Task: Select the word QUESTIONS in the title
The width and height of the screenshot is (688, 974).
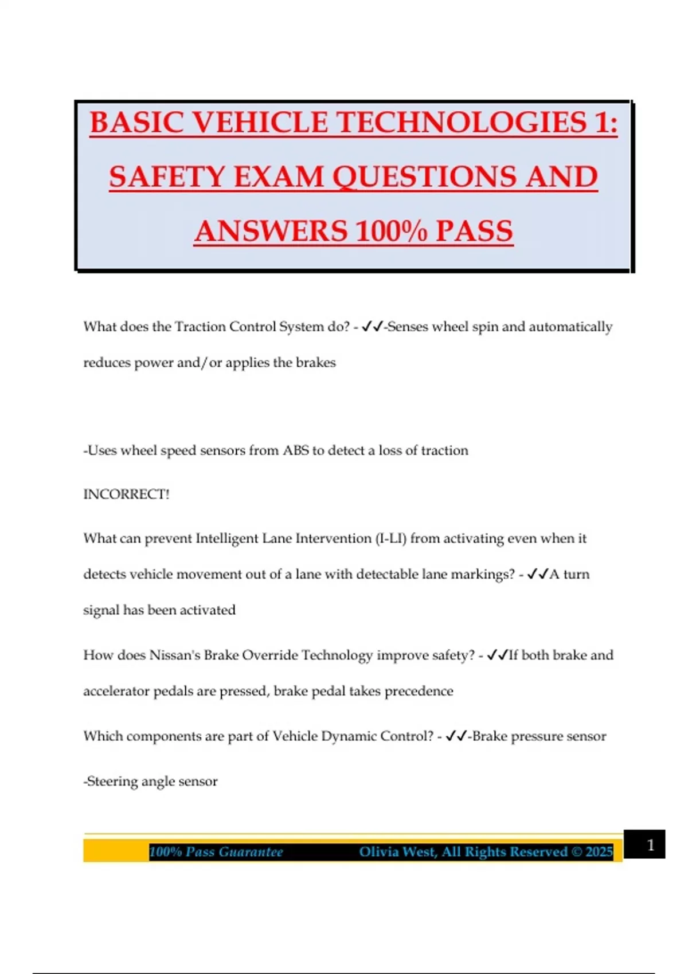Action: (x=425, y=176)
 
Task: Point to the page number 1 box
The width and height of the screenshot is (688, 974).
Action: (x=644, y=845)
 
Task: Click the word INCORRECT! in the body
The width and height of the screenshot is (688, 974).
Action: (x=126, y=494)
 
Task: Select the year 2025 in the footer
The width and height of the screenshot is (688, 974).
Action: (x=599, y=852)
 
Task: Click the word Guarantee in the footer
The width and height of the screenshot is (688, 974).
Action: (x=251, y=852)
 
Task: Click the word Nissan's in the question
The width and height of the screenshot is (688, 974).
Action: (x=174, y=655)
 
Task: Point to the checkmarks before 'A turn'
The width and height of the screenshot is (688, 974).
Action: (x=537, y=575)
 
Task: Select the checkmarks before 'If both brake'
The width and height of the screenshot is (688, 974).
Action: (x=497, y=655)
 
